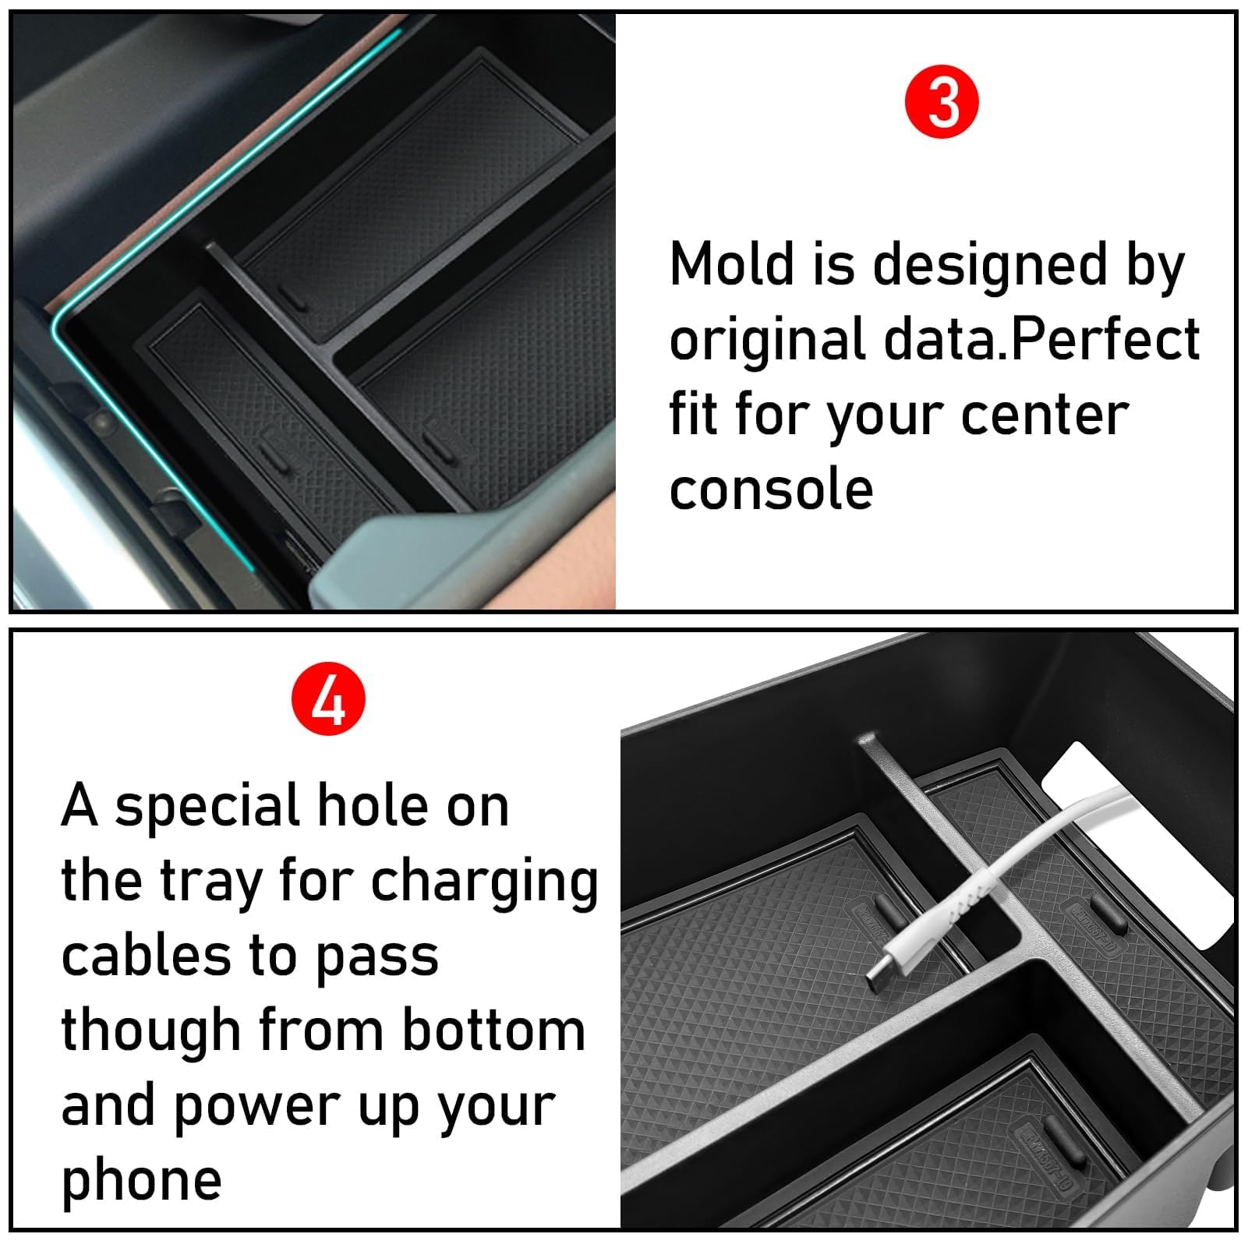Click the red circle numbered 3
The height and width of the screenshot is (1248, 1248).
tap(941, 102)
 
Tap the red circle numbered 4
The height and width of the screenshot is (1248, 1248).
tap(328, 699)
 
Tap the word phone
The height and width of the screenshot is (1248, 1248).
tap(141, 1181)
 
